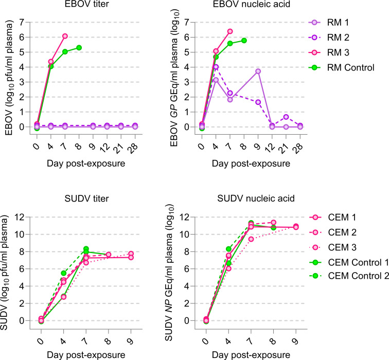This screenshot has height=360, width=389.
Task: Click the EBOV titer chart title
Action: click(x=86, y=4)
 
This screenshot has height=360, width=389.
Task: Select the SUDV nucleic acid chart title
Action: click(x=256, y=199)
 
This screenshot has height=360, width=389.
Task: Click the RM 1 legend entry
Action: click(x=329, y=23)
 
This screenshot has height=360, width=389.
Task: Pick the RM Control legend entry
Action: click(x=341, y=67)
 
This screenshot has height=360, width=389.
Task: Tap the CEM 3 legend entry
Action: click(x=333, y=247)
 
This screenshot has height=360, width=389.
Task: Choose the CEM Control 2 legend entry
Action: click(x=349, y=276)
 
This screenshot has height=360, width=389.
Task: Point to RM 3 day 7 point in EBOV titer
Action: click(x=65, y=36)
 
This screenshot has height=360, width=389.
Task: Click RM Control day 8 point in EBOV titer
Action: click(x=79, y=48)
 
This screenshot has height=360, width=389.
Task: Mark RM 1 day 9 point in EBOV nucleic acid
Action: click(x=258, y=71)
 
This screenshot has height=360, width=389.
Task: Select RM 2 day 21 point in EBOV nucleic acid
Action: click(x=286, y=117)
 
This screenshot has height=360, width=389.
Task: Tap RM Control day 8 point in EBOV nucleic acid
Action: click(x=244, y=41)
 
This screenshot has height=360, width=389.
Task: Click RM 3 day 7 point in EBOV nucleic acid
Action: click(x=230, y=31)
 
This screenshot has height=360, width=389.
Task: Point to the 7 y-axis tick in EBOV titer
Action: click(x=22, y=22)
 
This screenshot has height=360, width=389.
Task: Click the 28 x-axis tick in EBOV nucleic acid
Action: click(x=299, y=147)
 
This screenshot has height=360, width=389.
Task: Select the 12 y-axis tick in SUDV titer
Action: click(x=20, y=217)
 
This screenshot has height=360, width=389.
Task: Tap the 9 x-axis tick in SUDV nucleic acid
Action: click(x=295, y=342)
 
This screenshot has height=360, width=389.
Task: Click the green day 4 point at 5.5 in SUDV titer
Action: click(x=63, y=273)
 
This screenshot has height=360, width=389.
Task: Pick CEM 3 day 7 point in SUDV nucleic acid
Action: click(x=251, y=239)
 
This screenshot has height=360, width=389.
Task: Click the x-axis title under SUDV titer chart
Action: click(x=86, y=355)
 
